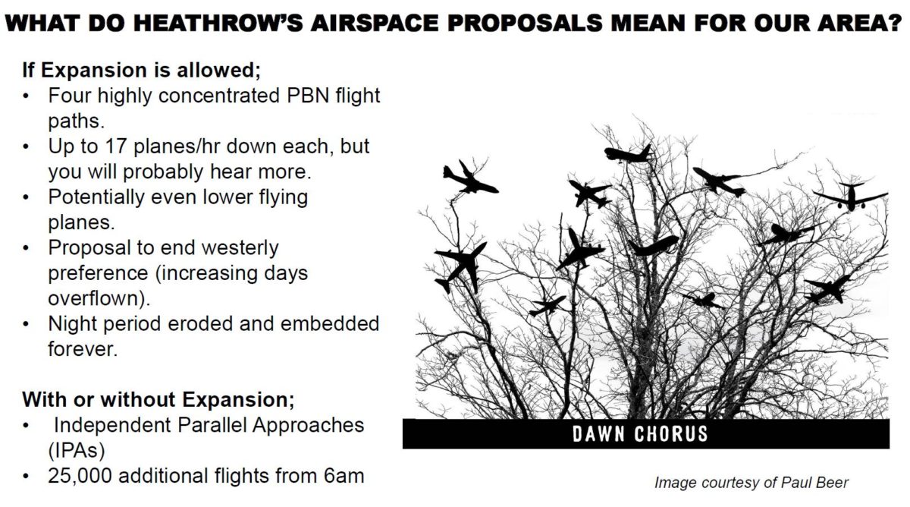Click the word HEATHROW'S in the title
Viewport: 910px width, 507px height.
(x=218, y=23)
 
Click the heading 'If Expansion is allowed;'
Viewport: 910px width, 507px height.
(x=141, y=71)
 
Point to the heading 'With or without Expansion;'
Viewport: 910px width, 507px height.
(x=158, y=399)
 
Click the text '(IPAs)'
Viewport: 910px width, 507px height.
(x=77, y=451)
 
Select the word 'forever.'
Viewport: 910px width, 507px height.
(x=83, y=349)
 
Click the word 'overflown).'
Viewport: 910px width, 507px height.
(x=99, y=298)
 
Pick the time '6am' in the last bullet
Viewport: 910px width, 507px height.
(x=344, y=476)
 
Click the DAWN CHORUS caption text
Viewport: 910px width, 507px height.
(x=640, y=434)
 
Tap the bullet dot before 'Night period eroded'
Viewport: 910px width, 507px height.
(x=27, y=324)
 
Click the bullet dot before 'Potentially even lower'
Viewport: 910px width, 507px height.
(x=27, y=197)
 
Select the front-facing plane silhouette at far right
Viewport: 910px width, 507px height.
(x=850, y=197)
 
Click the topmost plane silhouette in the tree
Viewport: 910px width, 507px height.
(x=629, y=154)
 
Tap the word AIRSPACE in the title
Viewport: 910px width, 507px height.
(x=375, y=23)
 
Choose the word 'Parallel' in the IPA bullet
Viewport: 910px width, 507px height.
(x=212, y=425)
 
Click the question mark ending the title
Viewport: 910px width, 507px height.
(x=895, y=23)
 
